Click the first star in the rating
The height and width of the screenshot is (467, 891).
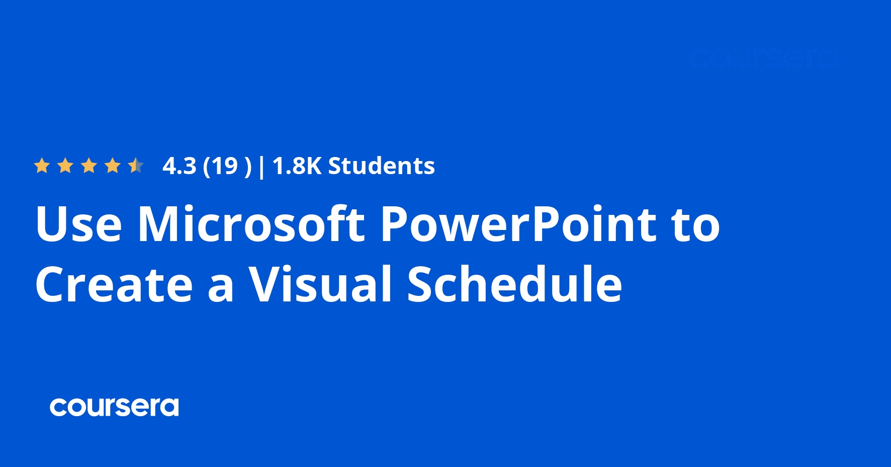pyautogui.click(x=42, y=166)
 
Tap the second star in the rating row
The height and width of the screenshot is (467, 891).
pyautogui.click(x=65, y=166)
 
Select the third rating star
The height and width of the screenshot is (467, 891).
pyautogui.click(x=89, y=166)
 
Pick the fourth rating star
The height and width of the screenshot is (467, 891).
pyautogui.click(x=113, y=166)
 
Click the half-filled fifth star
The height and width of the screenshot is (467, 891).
pyautogui.click(x=136, y=166)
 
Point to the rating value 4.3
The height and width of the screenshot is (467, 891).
pyautogui.click(x=179, y=166)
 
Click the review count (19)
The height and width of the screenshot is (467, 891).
pyautogui.click(x=227, y=166)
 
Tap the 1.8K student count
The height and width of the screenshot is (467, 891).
pyautogui.click(x=297, y=166)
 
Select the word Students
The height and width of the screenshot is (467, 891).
pyautogui.click(x=381, y=166)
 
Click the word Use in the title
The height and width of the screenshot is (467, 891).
pyautogui.click(x=78, y=224)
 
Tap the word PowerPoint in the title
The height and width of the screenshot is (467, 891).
pyautogui.click(x=518, y=224)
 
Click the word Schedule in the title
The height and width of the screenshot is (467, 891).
pyautogui.click(x=514, y=284)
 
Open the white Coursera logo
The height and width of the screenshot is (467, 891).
pyautogui.click(x=114, y=407)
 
